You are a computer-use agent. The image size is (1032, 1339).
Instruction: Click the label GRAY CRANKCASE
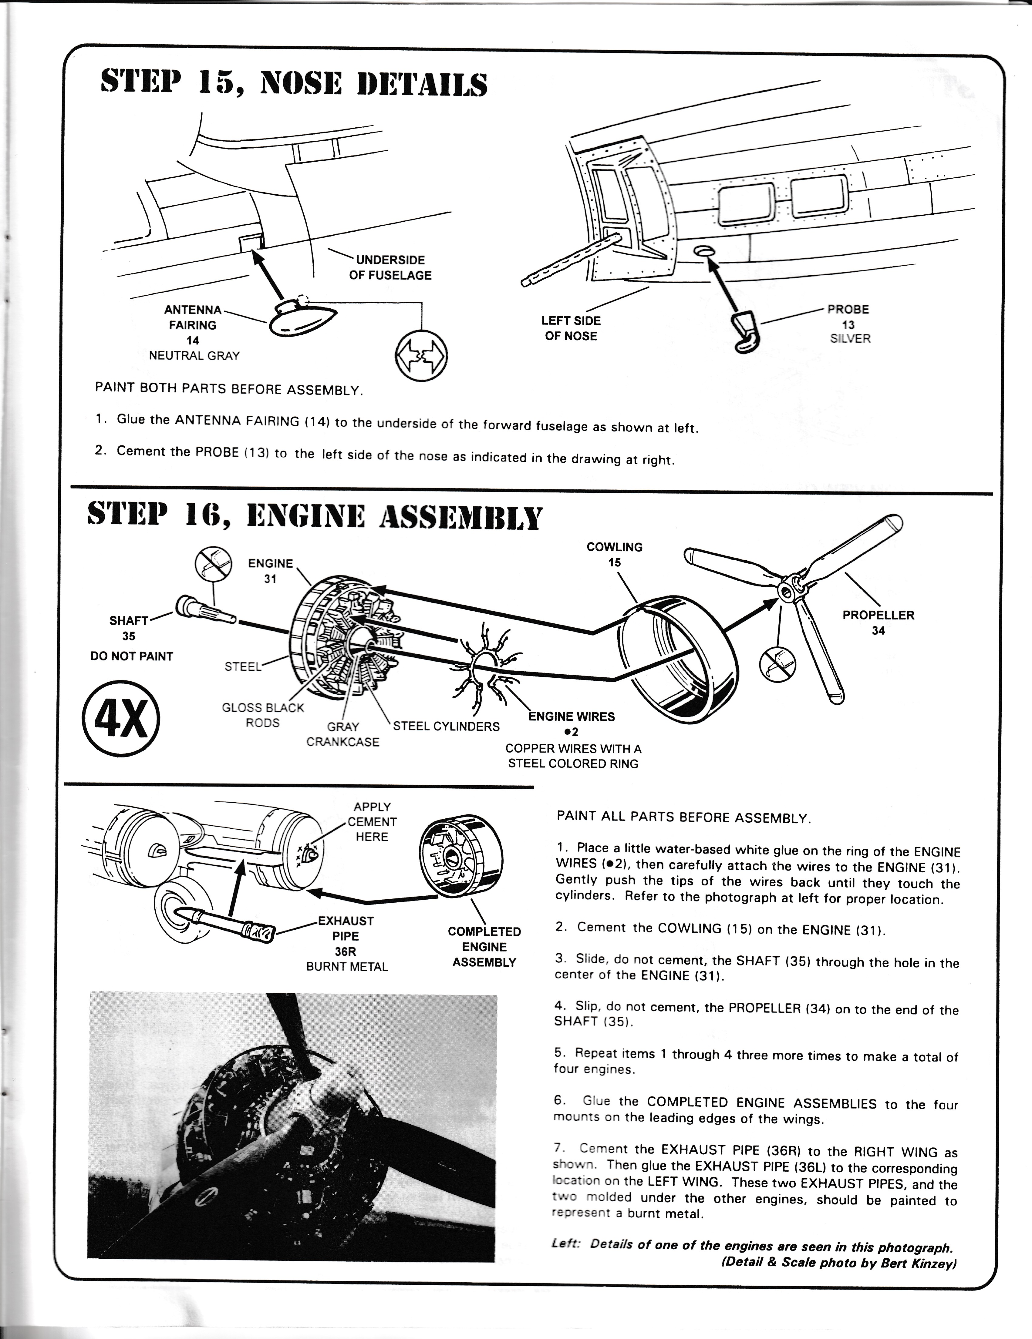[343, 734]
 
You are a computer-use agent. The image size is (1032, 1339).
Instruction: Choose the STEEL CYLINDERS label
[447, 727]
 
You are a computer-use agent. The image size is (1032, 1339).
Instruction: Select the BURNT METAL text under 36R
[347, 967]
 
